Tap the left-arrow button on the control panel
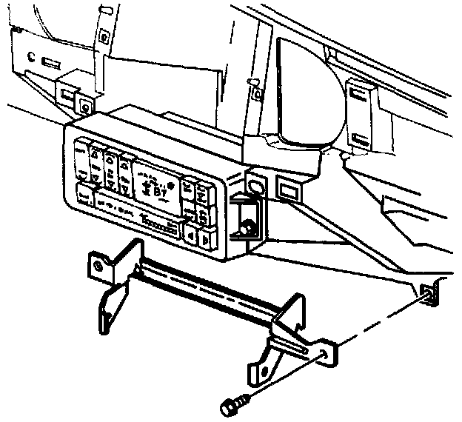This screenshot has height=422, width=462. pyautogui.click(x=190, y=237)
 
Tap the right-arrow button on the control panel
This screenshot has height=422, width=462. pyautogui.click(x=205, y=238)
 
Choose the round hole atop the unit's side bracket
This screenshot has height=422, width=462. pyautogui.click(x=255, y=184)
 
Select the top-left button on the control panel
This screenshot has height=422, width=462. pyautogui.click(x=80, y=153)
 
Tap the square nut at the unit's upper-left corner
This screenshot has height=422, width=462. pyautogui.click(x=87, y=107)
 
